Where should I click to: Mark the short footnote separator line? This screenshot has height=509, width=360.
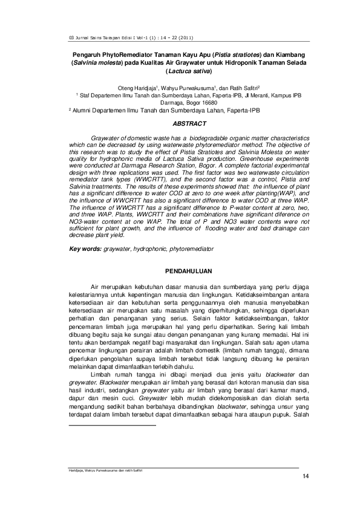pos(113,409)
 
